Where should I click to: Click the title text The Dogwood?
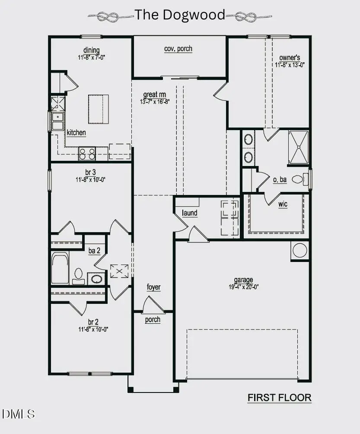[180, 15]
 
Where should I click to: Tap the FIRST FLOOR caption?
[279, 397]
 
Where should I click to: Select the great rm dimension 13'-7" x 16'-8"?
[154, 102]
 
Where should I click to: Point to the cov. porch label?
[178, 48]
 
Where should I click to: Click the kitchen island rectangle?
[99, 109]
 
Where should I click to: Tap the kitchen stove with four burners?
[87, 153]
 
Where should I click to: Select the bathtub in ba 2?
[60, 268]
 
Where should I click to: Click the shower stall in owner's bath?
[299, 147]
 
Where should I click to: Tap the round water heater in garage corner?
[299, 250]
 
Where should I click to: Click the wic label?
[283, 204]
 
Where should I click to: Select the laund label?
[189, 213]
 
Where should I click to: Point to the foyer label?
[153, 287]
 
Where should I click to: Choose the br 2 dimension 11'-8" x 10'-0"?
[92, 329]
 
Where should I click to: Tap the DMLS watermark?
[19, 414]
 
